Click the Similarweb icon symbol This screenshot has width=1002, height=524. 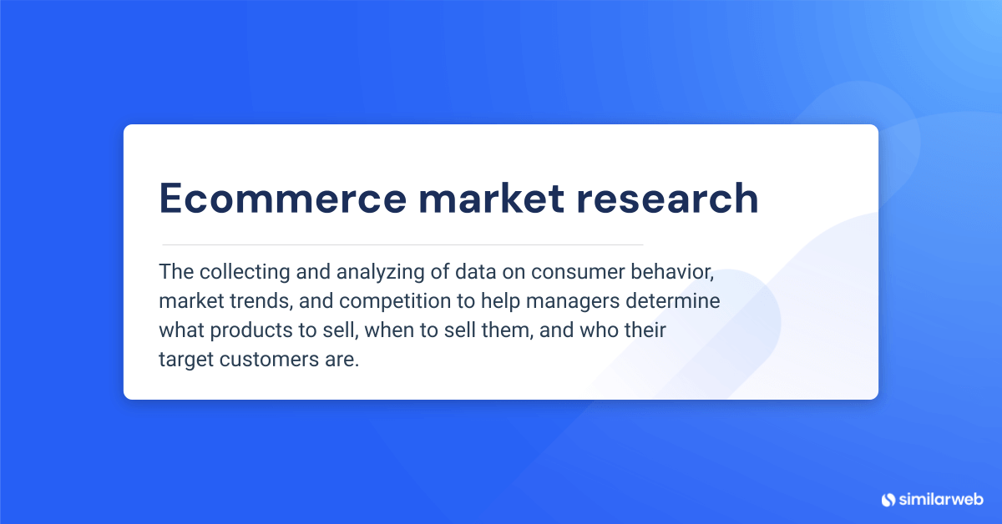[888, 500]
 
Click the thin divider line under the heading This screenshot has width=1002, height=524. [402, 244]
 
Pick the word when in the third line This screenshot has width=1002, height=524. [386, 330]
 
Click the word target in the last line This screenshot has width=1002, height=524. [182, 360]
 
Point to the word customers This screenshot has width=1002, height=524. [265, 360]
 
